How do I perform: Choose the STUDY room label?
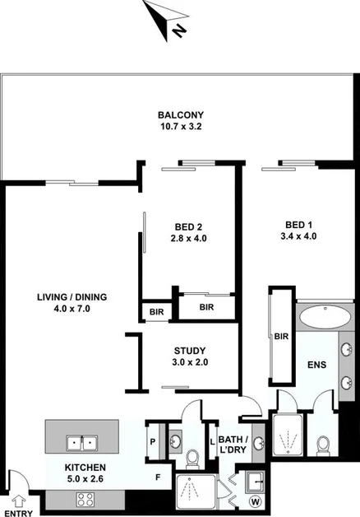[x=190, y=356]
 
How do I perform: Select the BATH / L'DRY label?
[x=236, y=449]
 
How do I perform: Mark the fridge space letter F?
[x=158, y=476]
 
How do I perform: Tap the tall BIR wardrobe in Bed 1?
[x=281, y=337]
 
